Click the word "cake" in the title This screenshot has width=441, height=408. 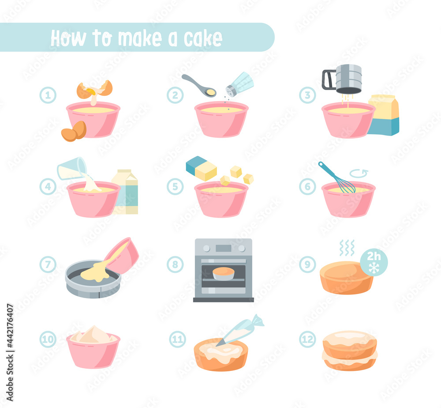[x=203, y=38]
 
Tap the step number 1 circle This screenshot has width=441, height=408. [x=48, y=95]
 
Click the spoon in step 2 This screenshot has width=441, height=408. [x=199, y=85]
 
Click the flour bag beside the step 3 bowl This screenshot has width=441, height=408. [x=384, y=115]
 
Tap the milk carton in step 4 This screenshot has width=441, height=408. [x=125, y=192]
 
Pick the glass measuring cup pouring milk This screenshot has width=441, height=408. [x=72, y=168]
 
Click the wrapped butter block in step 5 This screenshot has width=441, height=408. [x=201, y=168]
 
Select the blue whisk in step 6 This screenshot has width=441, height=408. [x=336, y=178]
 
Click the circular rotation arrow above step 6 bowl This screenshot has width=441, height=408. [x=359, y=173]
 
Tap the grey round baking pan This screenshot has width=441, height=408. [x=93, y=279]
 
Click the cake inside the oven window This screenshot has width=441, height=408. [x=224, y=274]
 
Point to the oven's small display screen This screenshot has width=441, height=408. [x=224, y=248]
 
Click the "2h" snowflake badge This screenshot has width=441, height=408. [x=374, y=262]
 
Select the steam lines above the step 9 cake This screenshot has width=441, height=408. [x=347, y=248]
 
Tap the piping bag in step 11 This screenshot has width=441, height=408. [x=240, y=330]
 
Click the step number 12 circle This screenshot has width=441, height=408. [x=307, y=339]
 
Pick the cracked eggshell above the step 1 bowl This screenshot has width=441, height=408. [x=94, y=90]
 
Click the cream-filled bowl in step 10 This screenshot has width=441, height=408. [x=93, y=347]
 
